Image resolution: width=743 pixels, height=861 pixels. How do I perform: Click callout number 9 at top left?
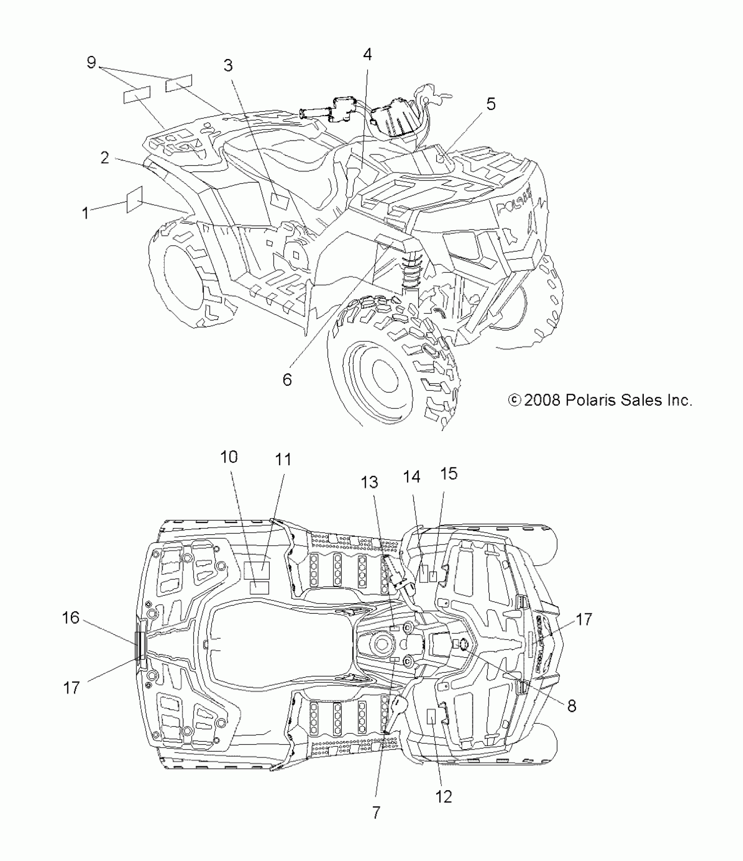click(x=91, y=62)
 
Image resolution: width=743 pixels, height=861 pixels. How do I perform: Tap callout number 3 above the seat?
click(x=228, y=66)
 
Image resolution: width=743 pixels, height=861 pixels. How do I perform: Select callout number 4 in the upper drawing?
click(x=367, y=55)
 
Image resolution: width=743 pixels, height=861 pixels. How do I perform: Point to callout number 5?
click(x=491, y=104)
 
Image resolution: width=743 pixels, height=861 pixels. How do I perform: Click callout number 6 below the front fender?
click(x=287, y=380)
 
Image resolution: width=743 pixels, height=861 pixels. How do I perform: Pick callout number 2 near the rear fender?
click(x=104, y=157)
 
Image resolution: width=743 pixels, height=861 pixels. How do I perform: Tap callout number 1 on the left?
click(x=85, y=213)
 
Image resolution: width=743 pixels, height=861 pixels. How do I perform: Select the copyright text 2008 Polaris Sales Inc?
click(x=601, y=400)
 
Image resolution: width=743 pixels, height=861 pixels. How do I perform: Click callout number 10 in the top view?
click(x=229, y=457)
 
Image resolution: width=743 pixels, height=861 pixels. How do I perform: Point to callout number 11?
click(x=283, y=460)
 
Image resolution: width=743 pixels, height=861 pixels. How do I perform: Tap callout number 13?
click(x=369, y=482)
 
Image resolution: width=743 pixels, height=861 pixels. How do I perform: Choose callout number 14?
click(x=411, y=477)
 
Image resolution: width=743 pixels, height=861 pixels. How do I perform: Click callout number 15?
click(x=449, y=474)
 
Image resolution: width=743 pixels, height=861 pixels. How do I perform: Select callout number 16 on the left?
click(x=71, y=618)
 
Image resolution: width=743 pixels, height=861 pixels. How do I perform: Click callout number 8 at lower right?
click(x=572, y=706)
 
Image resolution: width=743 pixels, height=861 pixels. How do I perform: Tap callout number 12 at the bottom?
click(x=444, y=797)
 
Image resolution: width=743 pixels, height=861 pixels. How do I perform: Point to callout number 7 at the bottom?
click(x=376, y=813)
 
